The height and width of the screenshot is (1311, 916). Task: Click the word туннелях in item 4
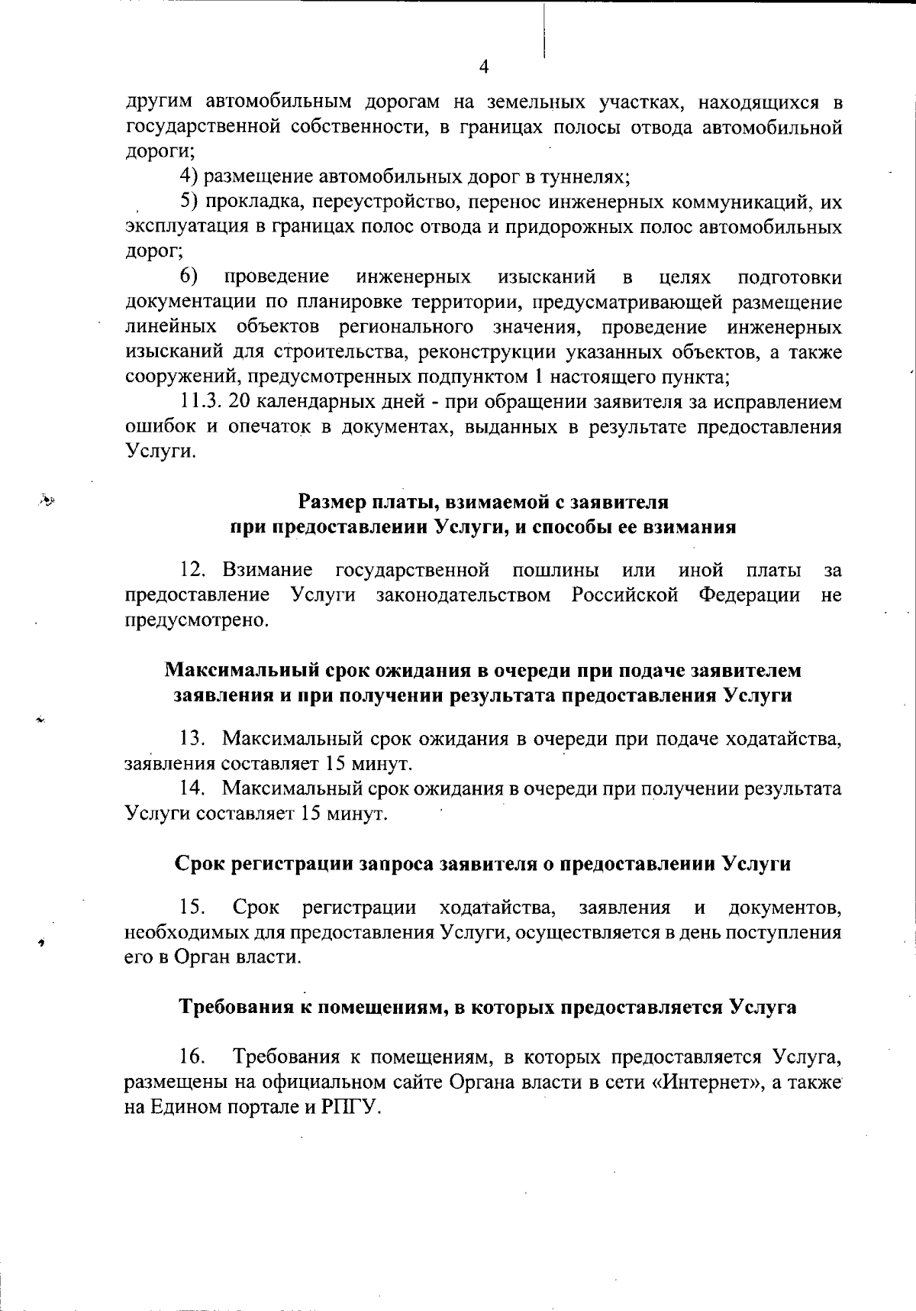(585, 177)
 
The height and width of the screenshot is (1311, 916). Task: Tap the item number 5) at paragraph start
(190, 202)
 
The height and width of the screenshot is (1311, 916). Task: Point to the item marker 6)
(190, 276)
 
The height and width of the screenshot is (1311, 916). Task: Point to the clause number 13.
(193, 739)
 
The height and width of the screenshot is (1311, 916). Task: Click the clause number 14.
(193, 788)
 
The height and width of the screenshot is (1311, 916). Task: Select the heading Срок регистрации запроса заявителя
(482, 864)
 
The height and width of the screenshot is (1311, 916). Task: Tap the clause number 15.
(192, 908)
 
